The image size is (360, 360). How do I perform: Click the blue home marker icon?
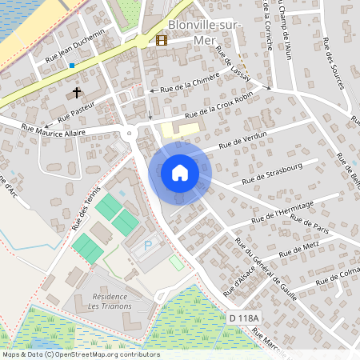(179, 173)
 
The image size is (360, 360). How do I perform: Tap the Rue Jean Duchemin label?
(75, 46)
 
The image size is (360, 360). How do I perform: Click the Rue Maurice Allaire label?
(54, 126)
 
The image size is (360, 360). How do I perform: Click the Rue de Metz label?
(299, 254)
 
